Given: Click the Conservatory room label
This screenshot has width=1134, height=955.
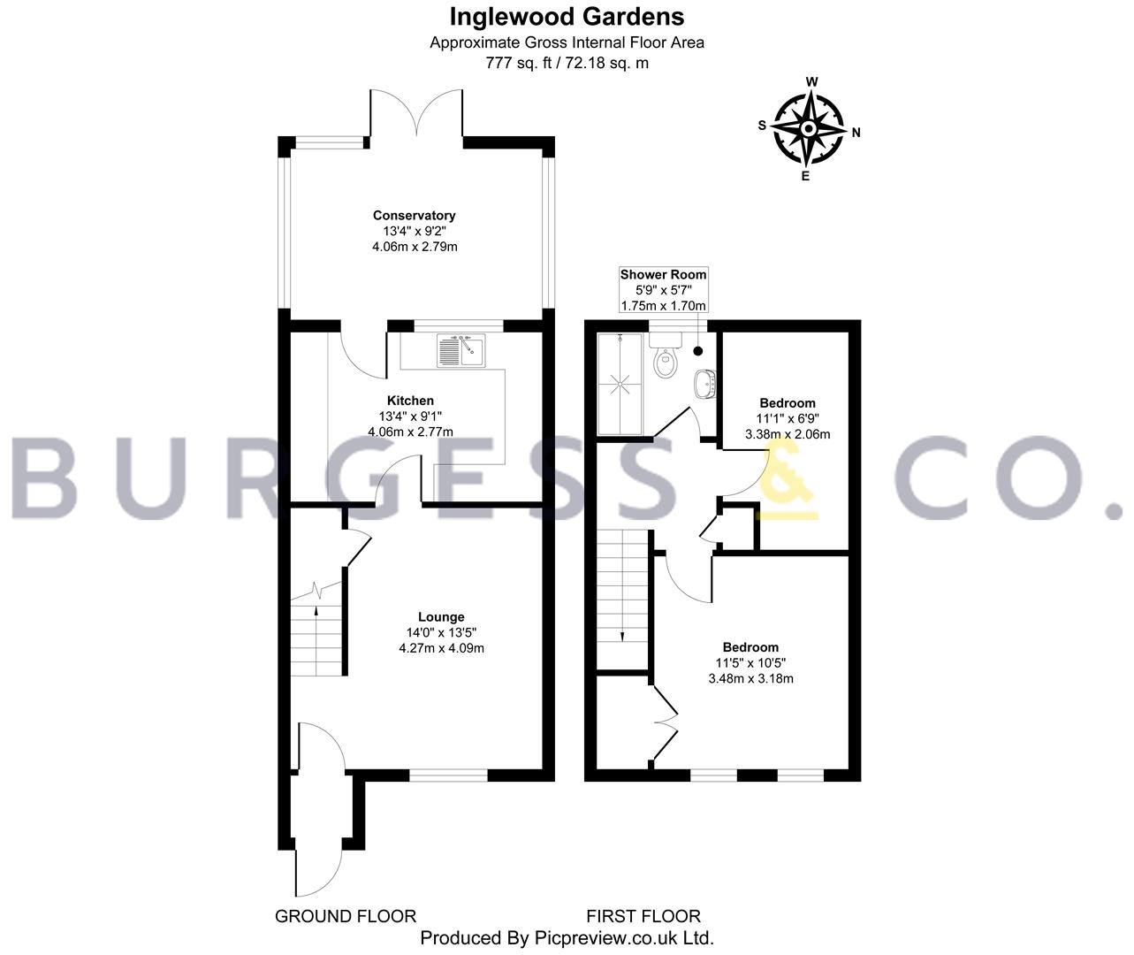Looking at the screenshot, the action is point(414,215).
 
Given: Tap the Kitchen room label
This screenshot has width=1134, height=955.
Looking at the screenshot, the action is point(410,401).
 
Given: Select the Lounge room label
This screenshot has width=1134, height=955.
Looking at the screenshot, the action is point(441,617).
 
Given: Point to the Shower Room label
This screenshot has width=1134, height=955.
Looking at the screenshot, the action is point(663,274).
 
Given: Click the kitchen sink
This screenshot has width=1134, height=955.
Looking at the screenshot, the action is point(461,350).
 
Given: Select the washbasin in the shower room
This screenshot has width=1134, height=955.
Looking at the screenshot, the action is point(705,384).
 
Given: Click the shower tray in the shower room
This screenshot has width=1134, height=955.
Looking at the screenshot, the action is point(620,385).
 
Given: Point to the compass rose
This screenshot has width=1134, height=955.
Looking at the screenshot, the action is point(808,129).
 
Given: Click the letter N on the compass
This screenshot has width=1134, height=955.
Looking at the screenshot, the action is point(856,132).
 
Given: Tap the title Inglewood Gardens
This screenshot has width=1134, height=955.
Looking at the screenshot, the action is point(567,16).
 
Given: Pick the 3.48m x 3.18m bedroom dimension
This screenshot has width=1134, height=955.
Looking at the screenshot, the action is point(750,678).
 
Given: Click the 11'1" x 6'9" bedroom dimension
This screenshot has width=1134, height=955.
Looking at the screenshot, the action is point(788,418).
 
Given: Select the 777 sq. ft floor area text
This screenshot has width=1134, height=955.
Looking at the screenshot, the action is point(518,63).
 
